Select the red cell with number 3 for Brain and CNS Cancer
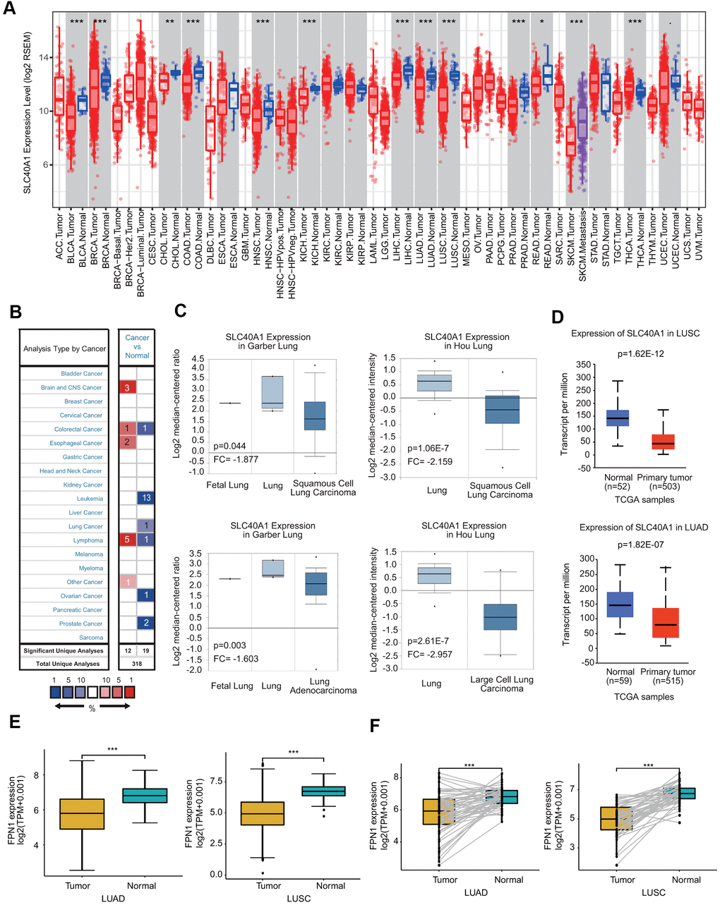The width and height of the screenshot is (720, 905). [x=127, y=387]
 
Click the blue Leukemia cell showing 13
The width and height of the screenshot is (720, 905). [x=145, y=498]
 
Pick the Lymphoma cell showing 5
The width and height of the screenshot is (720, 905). [x=127, y=540]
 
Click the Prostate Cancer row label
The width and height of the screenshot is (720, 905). [x=81, y=624]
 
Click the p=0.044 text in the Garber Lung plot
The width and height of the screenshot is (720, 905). [x=229, y=447]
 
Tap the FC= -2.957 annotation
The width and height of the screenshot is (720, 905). [x=431, y=654]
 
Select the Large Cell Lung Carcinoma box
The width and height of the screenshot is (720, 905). [x=499, y=617]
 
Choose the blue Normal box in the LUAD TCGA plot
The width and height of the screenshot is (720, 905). [x=619, y=604]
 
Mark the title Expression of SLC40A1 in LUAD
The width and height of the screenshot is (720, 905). [x=644, y=527]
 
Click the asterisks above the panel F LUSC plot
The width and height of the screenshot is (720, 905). [x=648, y=765]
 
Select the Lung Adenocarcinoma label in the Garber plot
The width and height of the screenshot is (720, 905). [x=323, y=686]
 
